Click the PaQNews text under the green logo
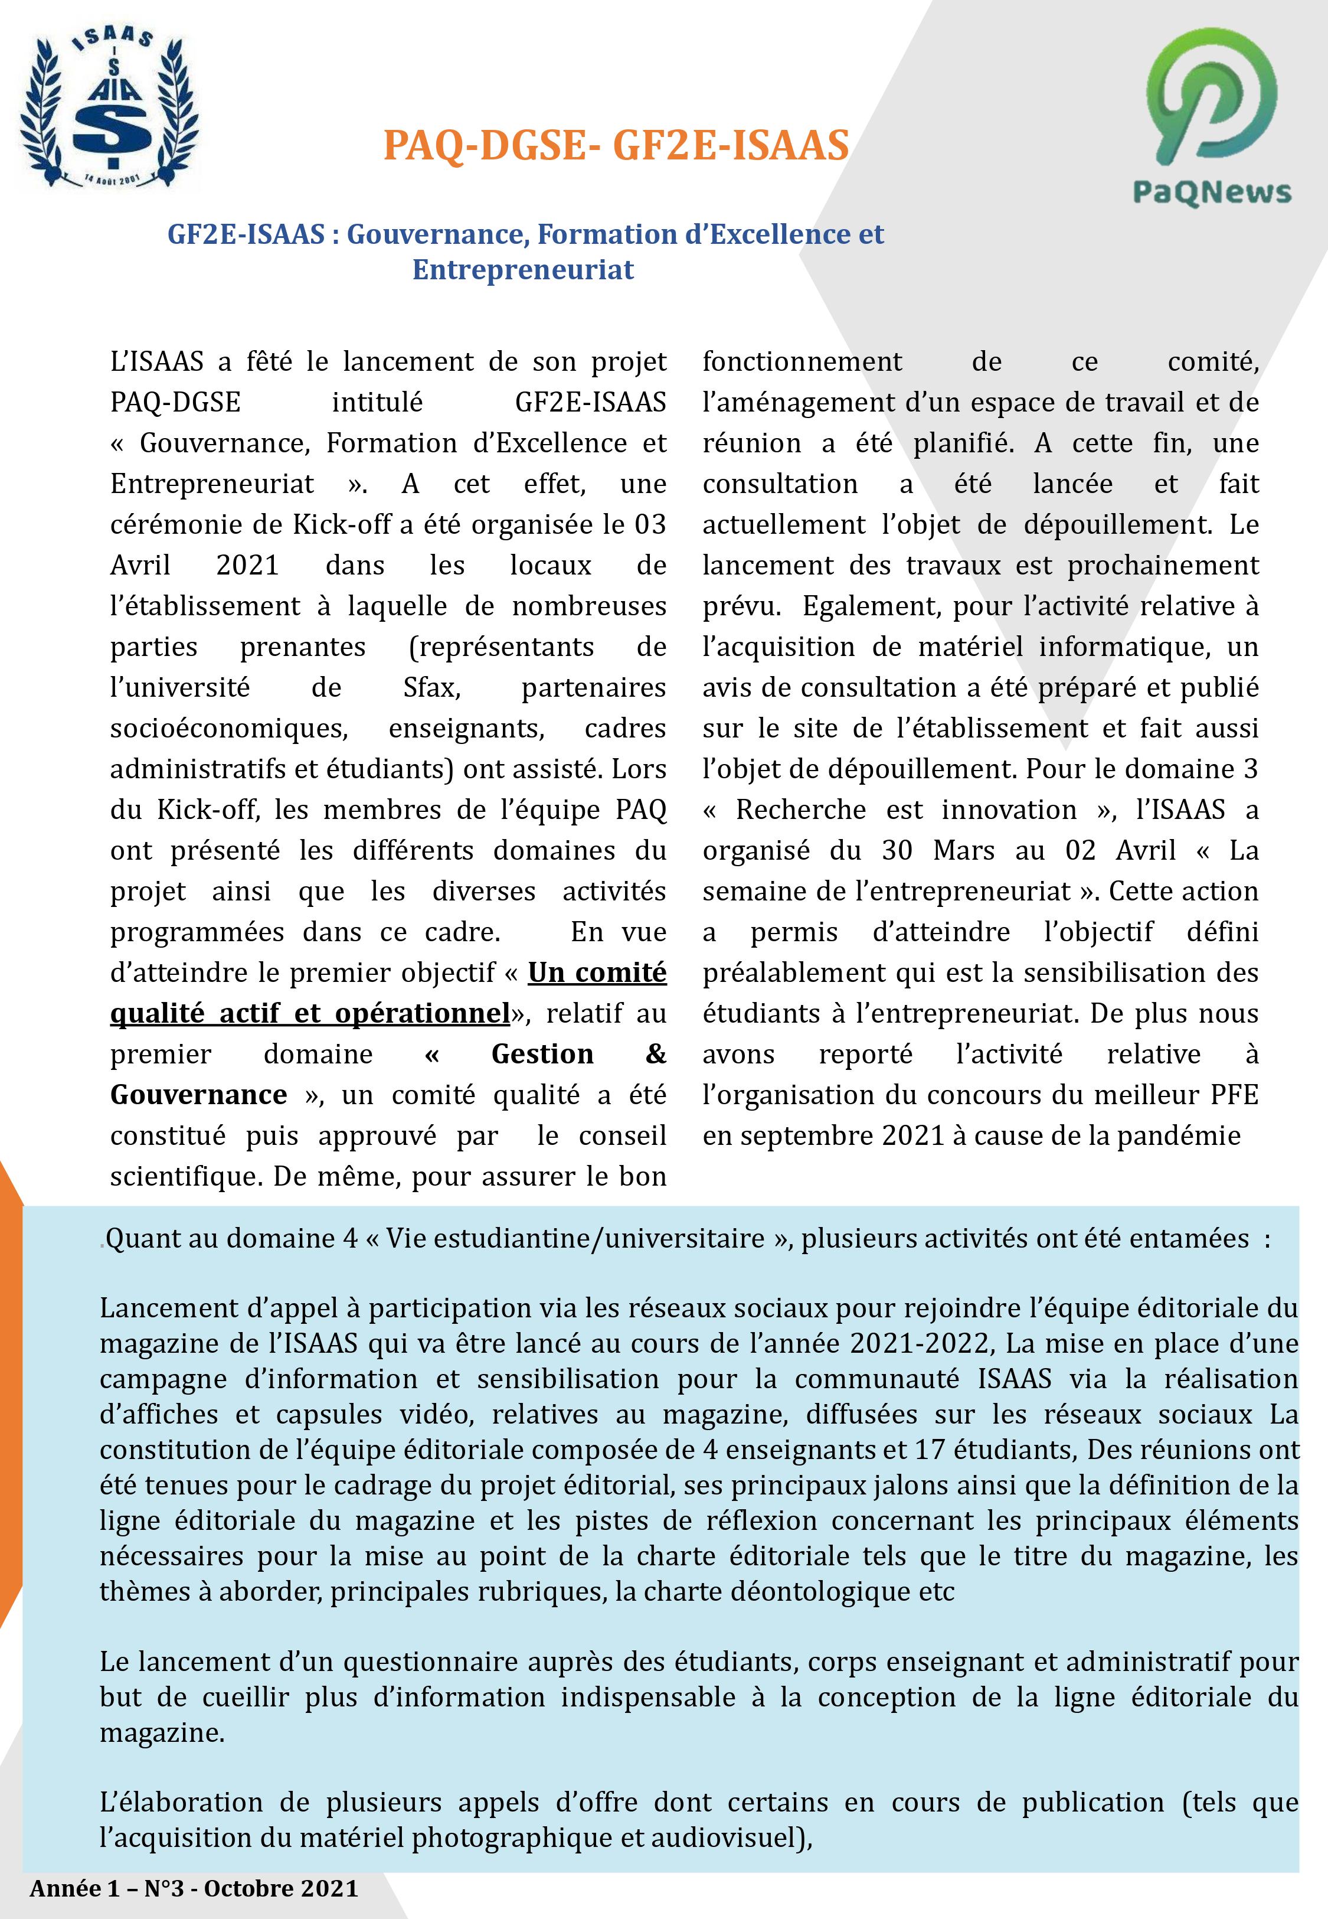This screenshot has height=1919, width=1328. (x=1212, y=193)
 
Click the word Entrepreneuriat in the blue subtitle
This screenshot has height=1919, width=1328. (x=524, y=270)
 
